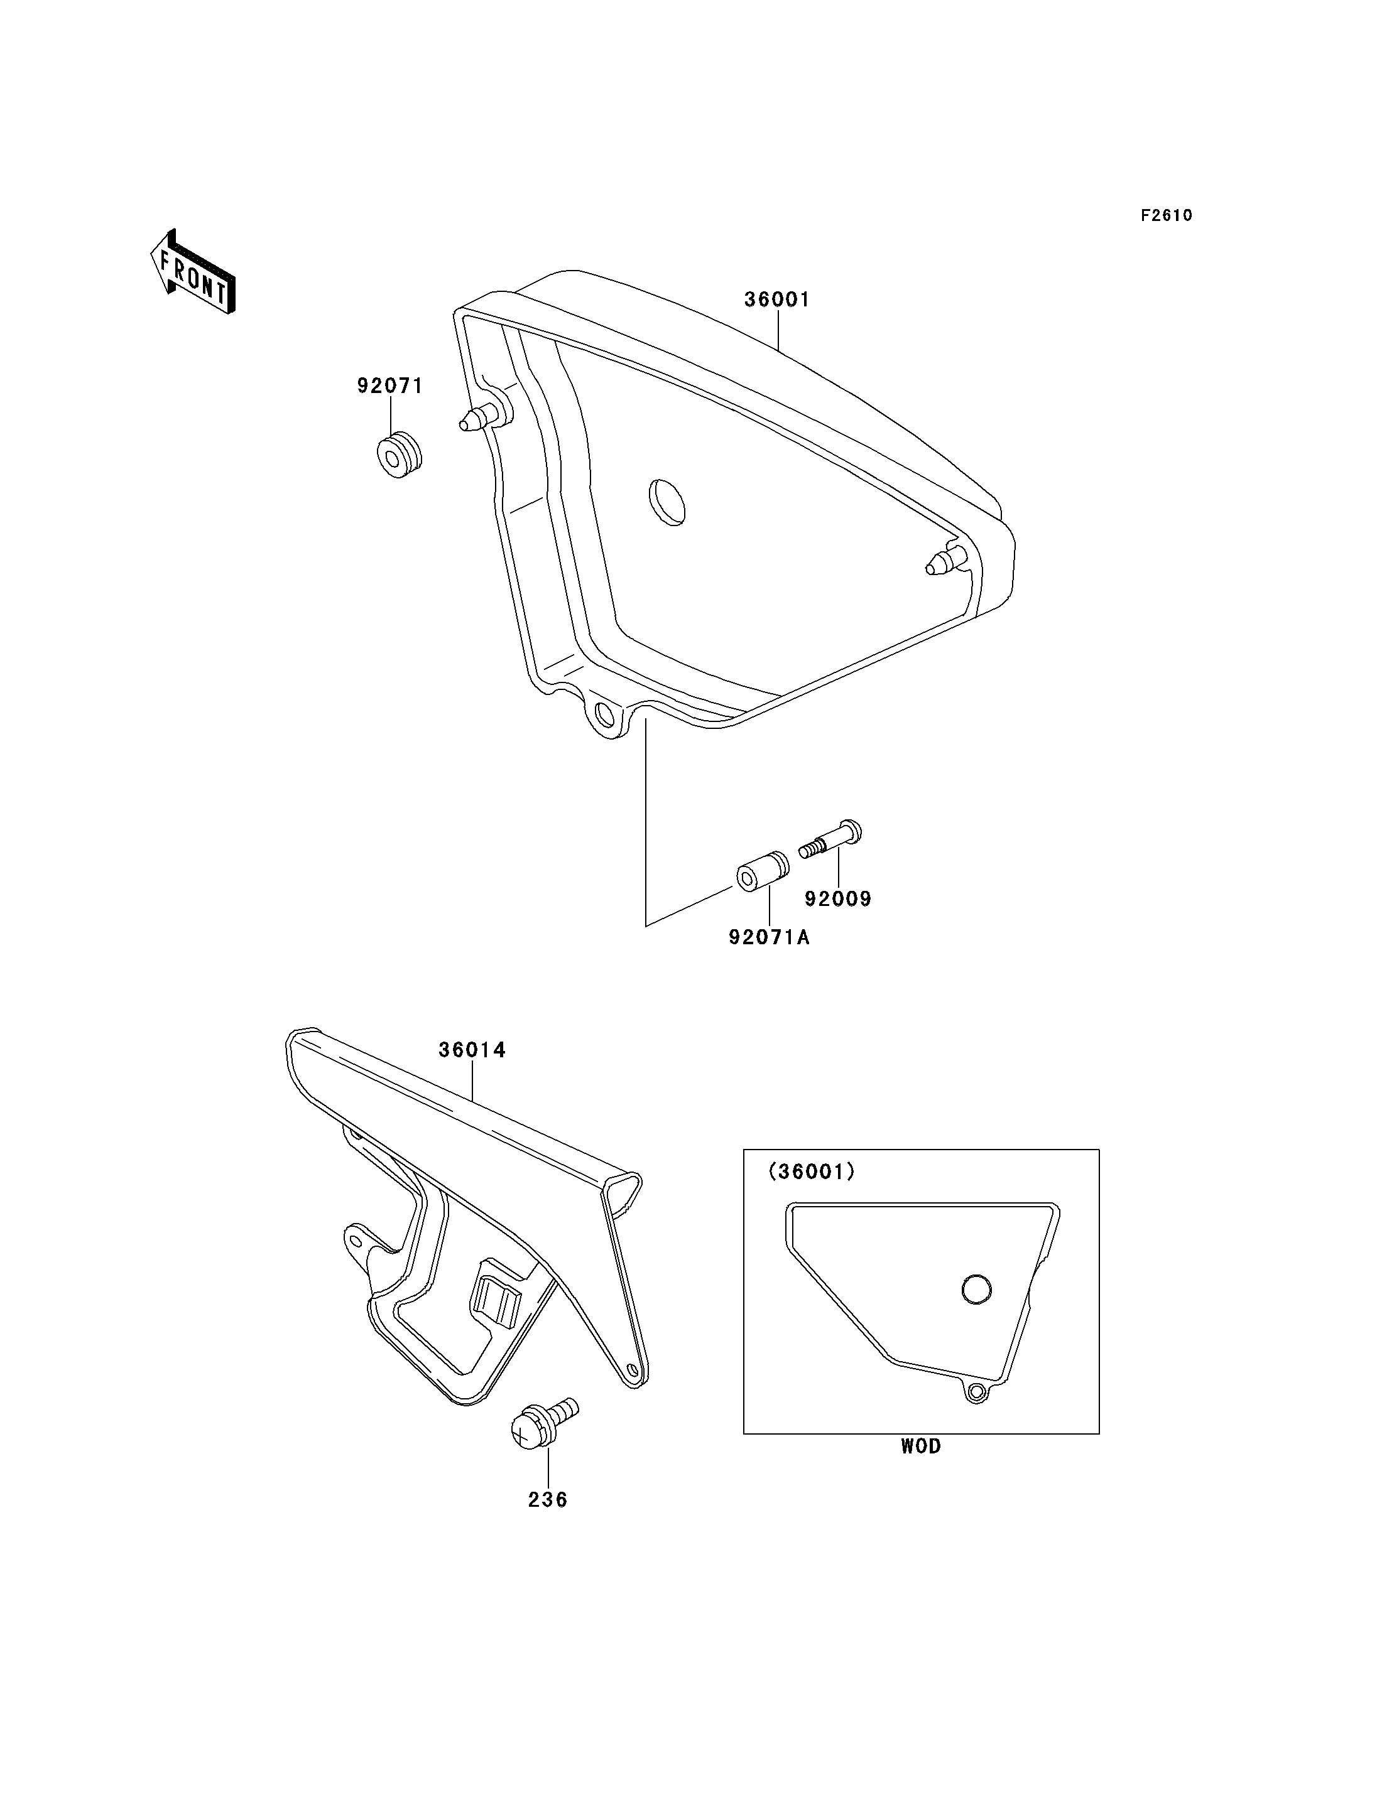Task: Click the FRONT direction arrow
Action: [x=193, y=273]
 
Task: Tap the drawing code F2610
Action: [x=1167, y=215]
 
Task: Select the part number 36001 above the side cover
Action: [x=777, y=300]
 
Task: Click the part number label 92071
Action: [x=390, y=386]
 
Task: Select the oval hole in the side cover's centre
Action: [x=667, y=502]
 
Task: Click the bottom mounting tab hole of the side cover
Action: [x=605, y=716]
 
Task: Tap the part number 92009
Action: [x=839, y=900]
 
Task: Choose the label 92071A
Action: [x=770, y=937]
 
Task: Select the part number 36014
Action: [x=472, y=1050]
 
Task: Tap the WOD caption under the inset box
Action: [x=922, y=1447]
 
